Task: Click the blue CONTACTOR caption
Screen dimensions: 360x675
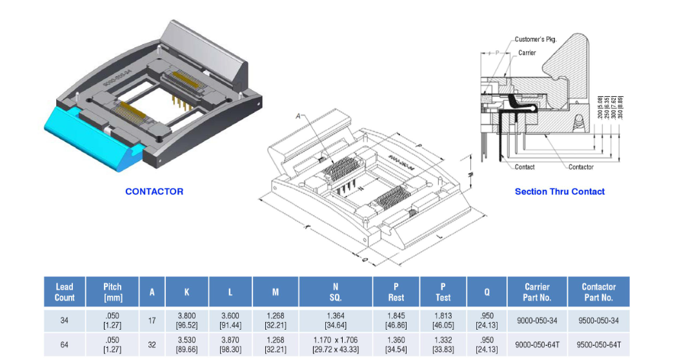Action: coord(154,192)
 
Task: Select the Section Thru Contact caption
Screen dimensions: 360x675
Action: coord(559,192)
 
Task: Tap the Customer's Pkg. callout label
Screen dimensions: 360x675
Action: coord(535,39)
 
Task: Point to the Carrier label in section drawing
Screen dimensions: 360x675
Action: coord(527,53)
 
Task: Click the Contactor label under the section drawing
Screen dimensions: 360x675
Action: coord(581,167)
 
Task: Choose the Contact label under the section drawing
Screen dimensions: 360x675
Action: coord(525,167)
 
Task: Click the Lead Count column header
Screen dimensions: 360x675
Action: coord(65,292)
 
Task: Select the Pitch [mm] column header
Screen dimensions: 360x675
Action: coord(113,292)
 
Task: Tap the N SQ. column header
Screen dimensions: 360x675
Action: coord(336,292)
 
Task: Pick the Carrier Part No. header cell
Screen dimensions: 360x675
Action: coord(537,292)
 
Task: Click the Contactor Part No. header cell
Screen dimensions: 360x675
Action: coord(598,292)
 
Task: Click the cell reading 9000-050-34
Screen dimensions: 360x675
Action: coord(537,321)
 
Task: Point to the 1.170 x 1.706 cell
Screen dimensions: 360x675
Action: coord(336,345)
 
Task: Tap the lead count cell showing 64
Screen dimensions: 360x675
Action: coord(65,345)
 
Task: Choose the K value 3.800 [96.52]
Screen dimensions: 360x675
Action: coord(187,321)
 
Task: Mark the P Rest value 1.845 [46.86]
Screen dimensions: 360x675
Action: coord(396,321)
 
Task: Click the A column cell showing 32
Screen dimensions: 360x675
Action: coord(152,345)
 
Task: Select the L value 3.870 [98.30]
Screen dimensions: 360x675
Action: coord(230,345)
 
